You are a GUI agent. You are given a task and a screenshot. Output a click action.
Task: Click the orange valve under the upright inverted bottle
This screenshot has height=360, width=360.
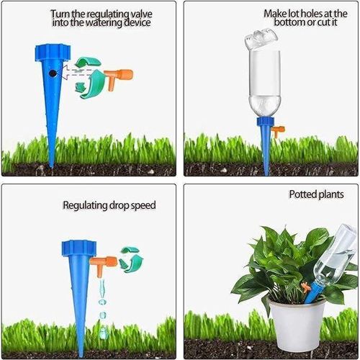point(279,130)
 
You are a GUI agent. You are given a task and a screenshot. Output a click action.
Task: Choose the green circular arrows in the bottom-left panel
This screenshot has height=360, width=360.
point(130,258)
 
